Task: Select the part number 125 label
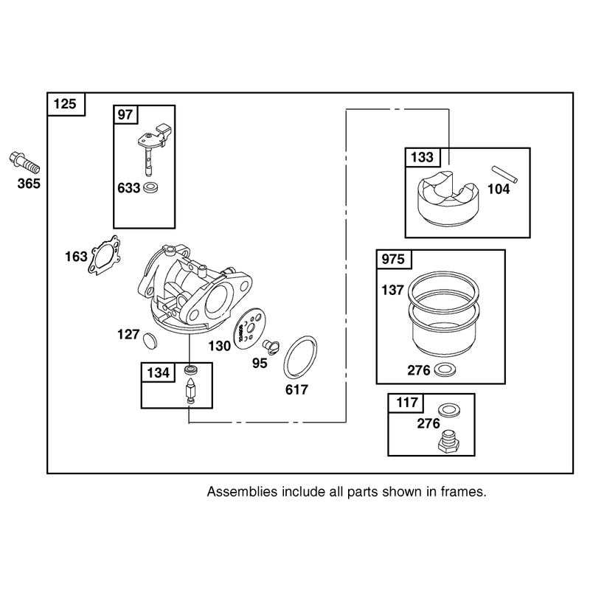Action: tap(65, 104)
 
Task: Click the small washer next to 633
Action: tap(150, 187)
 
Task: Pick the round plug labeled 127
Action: tap(151, 340)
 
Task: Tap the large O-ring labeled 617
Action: tap(300, 357)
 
